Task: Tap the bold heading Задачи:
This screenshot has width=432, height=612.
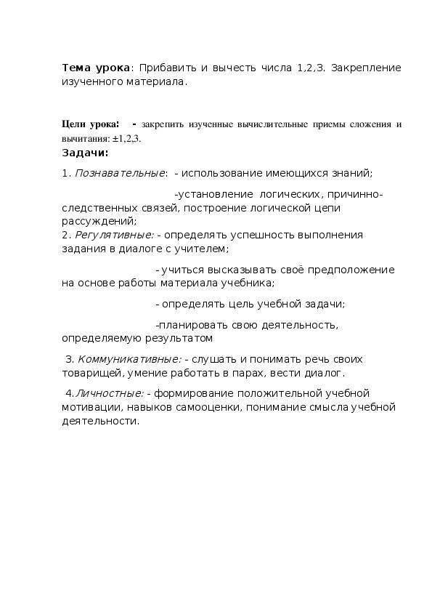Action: tap(85, 153)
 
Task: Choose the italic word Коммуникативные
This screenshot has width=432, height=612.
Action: tap(129, 360)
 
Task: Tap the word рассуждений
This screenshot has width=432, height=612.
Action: tap(98, 220)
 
